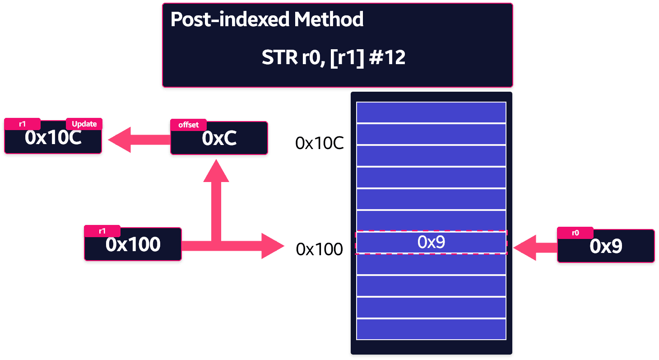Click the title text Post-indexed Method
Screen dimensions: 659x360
coord(267,19)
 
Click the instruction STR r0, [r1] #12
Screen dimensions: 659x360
coord(333,57)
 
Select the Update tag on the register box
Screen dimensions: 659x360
coord(84,124)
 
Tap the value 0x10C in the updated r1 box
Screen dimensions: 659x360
coord(53,138)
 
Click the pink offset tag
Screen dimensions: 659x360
coord(188,125)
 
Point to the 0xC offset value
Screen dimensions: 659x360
coord(219,138)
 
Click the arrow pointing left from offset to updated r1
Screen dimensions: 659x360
coord(139,140)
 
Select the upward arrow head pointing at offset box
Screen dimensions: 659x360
coord(216,171)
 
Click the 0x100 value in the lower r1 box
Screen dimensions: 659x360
coord(133,244)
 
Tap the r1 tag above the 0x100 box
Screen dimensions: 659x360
coord(102,231)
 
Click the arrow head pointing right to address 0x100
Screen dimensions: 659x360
coord(273,246)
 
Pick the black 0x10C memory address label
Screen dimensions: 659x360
coord(320,143)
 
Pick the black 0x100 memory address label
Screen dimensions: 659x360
coord(319,249)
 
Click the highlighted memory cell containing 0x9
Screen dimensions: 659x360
coord(432,242)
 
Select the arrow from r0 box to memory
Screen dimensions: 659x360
coord(535,248)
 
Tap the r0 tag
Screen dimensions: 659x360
coord(575,233)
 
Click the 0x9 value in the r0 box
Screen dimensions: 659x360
coord(606,246)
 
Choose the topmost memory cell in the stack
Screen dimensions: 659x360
coord(432,112)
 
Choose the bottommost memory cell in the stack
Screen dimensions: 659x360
coord(432,329)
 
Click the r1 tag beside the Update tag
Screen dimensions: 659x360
coord(23,124)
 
